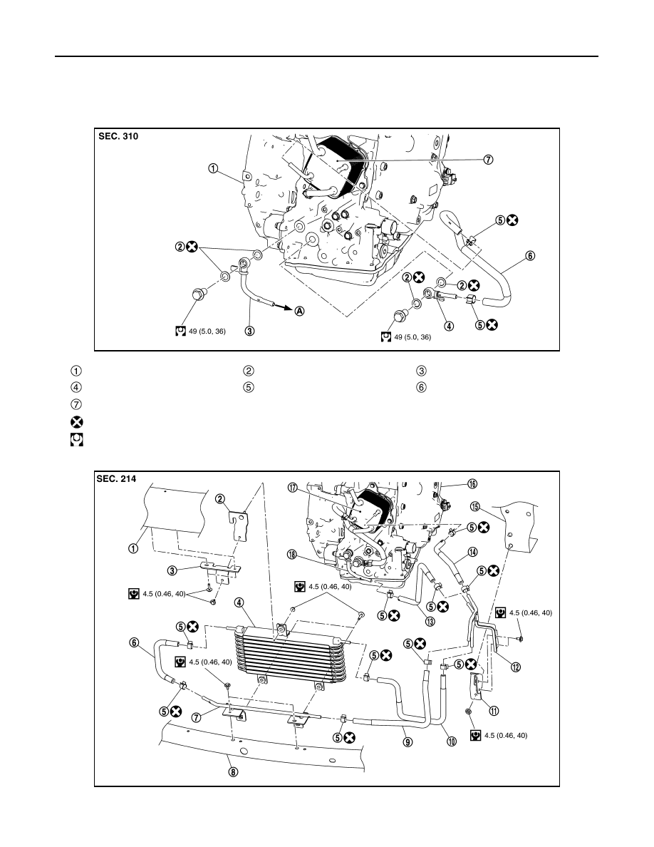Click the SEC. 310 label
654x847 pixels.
[118, 137]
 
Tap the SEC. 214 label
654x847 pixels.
[116, 478]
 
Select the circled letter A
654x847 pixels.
[299, 311]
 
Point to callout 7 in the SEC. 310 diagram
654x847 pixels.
[488, 160]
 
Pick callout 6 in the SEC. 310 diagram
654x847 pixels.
[531, 255]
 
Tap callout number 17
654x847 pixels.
[293, 488]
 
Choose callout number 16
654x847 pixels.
[472, 484]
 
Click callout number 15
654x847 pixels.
[475, 507]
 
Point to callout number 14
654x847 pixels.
[472, 552]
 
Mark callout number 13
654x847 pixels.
[430, 621]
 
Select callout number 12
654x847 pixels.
[515, 667]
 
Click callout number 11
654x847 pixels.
[494, 711]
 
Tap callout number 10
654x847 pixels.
[452, 741]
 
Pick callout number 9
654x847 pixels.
[408, 742]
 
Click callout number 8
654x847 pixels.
[233, 772]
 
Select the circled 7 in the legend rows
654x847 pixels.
[77, 404]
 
